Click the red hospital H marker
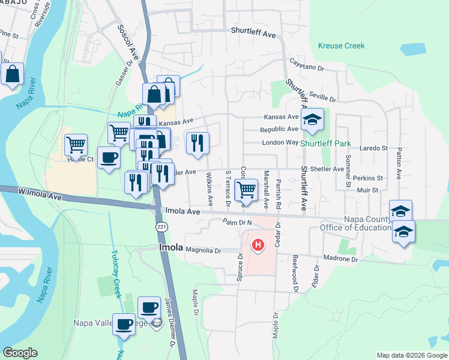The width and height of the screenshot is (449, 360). pos(258,245)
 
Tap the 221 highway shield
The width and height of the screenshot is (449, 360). pos(157,226)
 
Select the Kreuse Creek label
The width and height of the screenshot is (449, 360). pos(342,46)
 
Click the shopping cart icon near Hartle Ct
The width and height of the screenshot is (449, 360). pos(76,144)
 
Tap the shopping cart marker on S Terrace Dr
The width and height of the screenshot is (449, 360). pos(246,190)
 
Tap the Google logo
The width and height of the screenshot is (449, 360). pos(20,353)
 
